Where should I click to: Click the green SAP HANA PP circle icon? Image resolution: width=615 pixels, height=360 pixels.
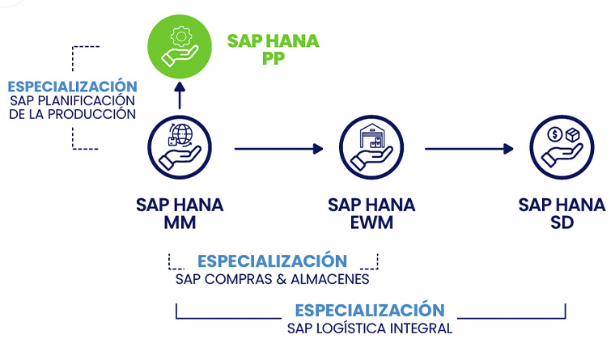tap(180, 47)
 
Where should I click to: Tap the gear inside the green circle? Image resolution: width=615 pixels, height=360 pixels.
tap(181, 36)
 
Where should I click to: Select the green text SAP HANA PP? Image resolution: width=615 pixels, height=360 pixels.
tap(274, 49)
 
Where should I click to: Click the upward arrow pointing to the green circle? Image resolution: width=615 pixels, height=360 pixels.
tap(180, 95)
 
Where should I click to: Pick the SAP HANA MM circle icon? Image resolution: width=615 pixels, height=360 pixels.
tap(180, 147)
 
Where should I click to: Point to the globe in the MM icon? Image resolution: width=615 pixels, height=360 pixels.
tap(182, 134)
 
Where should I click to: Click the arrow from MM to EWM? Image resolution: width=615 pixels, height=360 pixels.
tap(279, 149)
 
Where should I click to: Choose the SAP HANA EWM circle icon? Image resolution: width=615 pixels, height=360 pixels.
tap(371, 147)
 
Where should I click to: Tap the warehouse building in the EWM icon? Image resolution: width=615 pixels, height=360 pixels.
tap(371, 136)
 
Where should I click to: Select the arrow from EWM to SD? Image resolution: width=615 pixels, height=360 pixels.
tap(469, 149)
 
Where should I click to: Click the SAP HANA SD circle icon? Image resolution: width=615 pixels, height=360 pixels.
tap(562, 147)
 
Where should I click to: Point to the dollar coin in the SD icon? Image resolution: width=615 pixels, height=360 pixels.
tap(554, 134)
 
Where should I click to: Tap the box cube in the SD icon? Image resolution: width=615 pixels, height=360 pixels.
tap(573, 135)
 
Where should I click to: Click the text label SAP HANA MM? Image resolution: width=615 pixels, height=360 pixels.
tap(180, 214)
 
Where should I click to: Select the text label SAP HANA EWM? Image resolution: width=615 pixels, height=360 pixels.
tap(371, 214)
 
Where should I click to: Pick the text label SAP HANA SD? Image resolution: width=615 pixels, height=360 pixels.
tap(562, 214)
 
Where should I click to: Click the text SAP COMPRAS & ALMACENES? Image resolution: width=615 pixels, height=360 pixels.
tap(272, 279)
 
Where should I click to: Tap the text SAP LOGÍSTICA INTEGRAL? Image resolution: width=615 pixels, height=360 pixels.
tap(370, 328)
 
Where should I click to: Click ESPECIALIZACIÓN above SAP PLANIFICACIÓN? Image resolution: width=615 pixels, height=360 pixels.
tap(73, 87)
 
